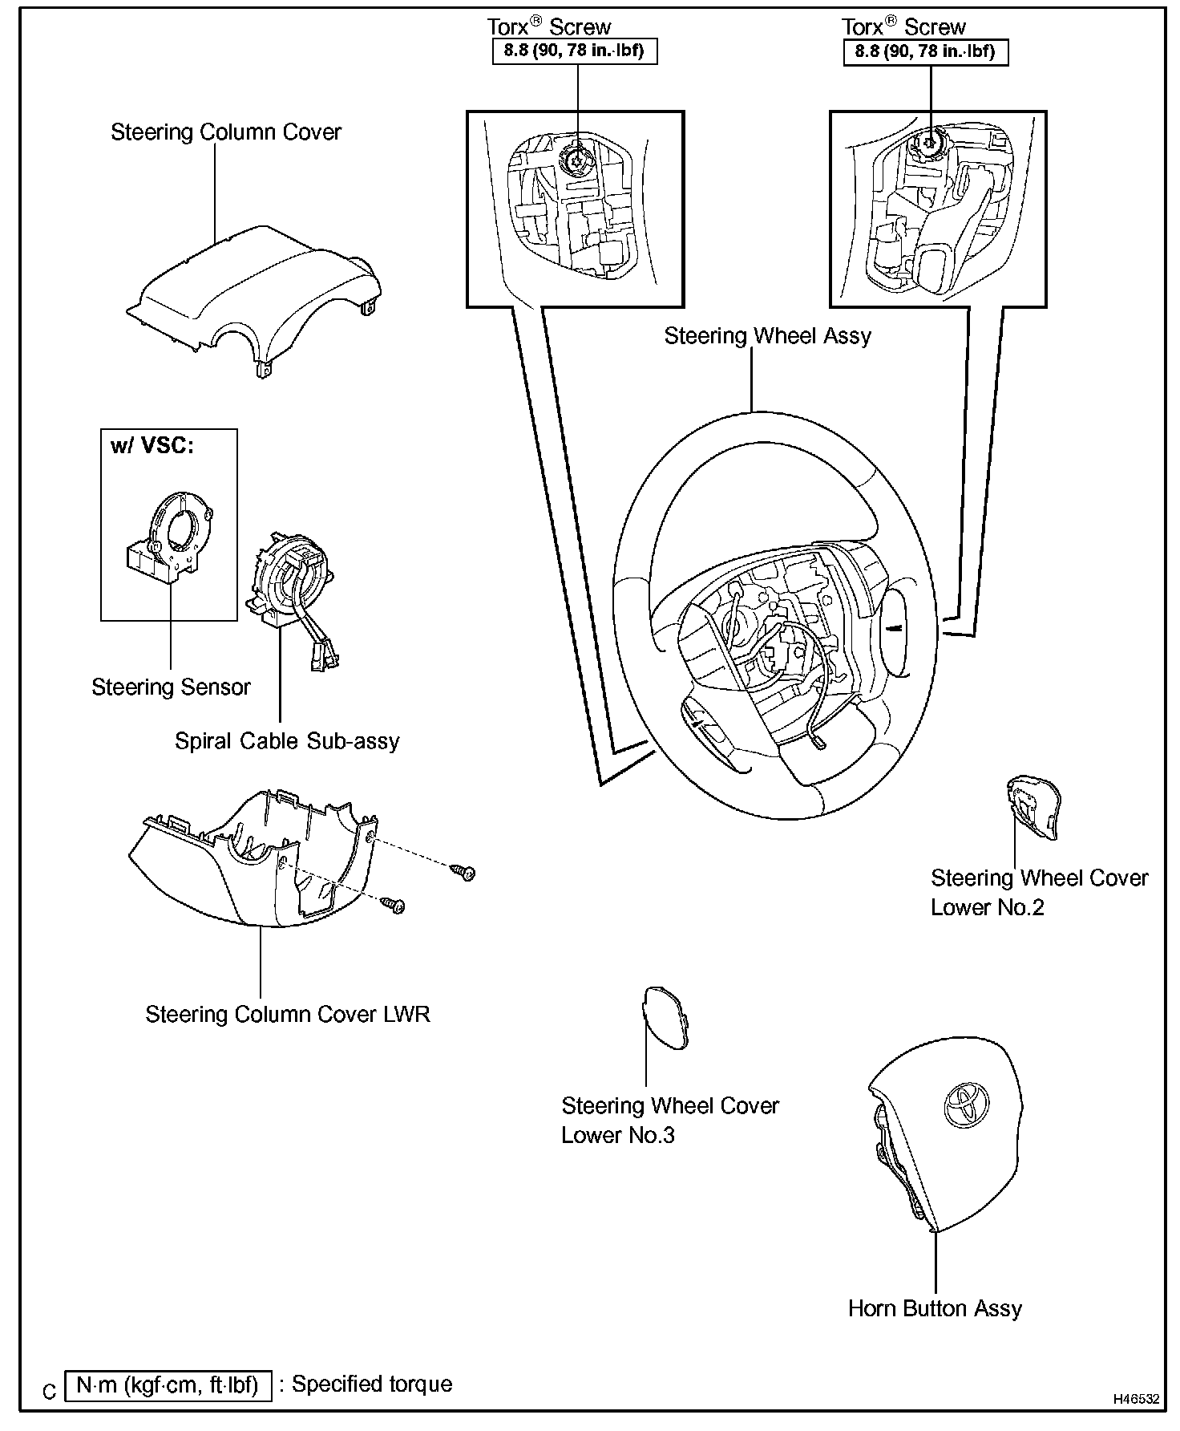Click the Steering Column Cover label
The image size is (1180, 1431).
(x=226, y=132)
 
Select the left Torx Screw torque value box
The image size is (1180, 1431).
(x=575, y=52)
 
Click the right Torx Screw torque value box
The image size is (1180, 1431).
(x=925, y=52)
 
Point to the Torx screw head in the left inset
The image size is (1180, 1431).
(x=575, y=160)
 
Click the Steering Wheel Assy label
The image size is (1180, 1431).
(x=767, y=336)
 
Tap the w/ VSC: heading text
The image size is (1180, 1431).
(x=152, y=446)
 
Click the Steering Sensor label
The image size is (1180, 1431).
(x=171, y=687)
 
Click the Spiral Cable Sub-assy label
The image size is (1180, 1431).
(x=287, y=741)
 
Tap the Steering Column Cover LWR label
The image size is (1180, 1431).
(x=287, y=1015)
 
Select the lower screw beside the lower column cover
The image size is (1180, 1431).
(x=394, y=905)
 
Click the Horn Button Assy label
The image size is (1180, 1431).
(x=935, y=1309)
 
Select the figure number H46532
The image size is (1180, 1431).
(x=1136, y=1399)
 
